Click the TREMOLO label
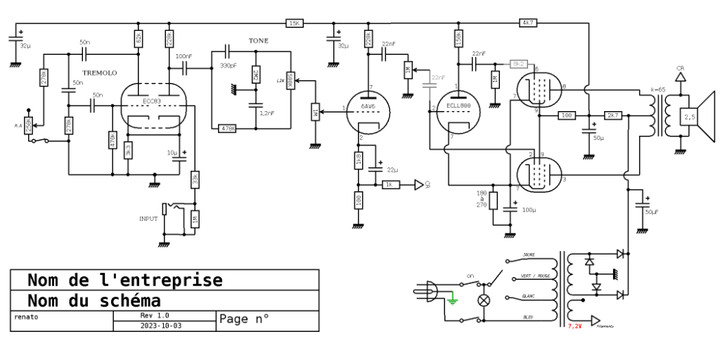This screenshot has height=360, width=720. (99, 73)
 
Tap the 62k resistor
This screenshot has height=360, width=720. (138, 38)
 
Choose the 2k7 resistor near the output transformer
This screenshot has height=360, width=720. (613, 115)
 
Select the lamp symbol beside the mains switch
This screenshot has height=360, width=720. (484, 300)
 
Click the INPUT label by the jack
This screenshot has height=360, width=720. (149, 219)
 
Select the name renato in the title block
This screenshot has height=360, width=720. (25, 316)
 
